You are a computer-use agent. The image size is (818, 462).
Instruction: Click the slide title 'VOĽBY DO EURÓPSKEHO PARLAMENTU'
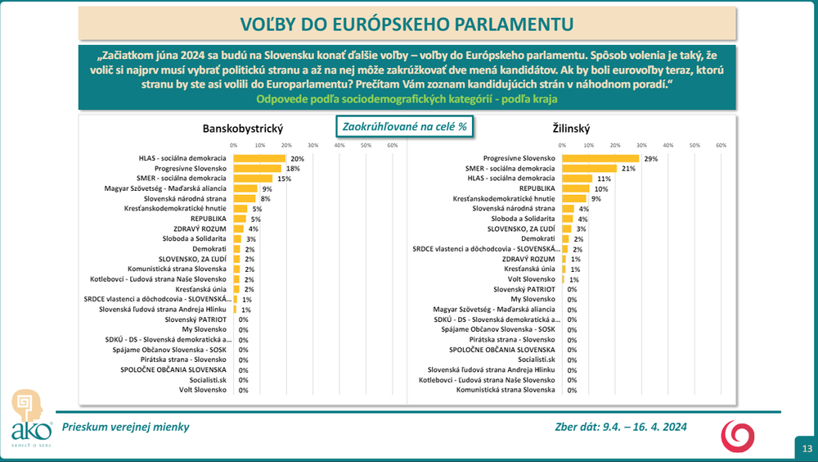tap(409, 23)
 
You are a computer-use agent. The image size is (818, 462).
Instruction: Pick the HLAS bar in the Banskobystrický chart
tap(259, 158)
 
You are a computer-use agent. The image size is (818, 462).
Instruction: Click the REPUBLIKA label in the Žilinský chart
tap(536, 188)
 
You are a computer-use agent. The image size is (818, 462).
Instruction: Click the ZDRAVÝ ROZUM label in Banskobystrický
tap(204, 229)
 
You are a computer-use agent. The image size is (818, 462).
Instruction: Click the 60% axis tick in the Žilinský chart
tap(721, 145)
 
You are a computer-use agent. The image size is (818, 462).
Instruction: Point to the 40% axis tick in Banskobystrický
tap(339, 145)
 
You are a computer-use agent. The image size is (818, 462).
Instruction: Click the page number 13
tap(807, 449)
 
